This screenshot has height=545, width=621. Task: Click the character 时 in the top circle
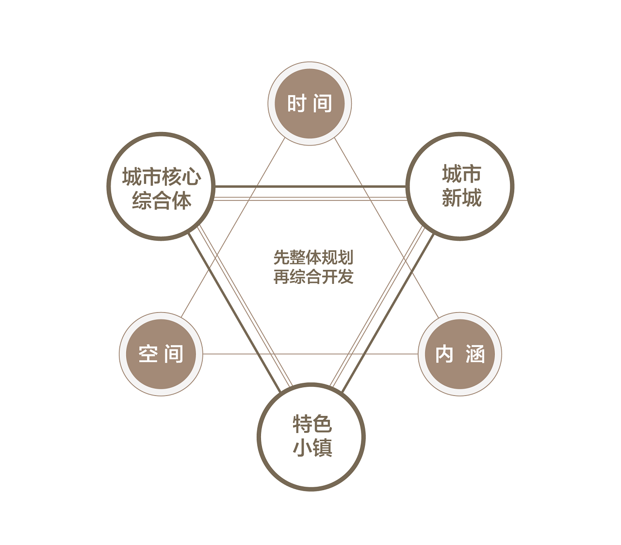pyautogui.click(x=296, y=104)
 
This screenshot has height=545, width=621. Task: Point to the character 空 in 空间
pyautogui.click(x=148, y=354)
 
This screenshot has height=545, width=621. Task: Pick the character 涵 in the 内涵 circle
pyautogui.click(x=475, y=354)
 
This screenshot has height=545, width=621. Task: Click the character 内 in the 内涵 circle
pyautogui.click(x=444, y=354)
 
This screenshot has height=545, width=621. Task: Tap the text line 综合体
pyautogui.click(x=161, y=200)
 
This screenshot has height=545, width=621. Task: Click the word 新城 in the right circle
pyautogui.click(x=461, y=198)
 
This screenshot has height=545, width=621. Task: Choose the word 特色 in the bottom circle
pyautogui.click(x=312, y=424)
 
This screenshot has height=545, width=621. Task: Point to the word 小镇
pyautogui.click(x=312, y=447)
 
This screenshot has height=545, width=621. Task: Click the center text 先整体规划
pyautogui.click(x=313, y=257)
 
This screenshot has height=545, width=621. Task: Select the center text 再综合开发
pyautogui.click(x=313, y=277)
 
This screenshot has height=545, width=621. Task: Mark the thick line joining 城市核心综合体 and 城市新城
pyautogui.click(x=310, y=186)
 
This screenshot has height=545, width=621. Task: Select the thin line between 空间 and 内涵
pyautogui.click(x=310, y=354)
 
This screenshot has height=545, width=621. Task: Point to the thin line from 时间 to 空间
pyautogui.click(x=233, y=228)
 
